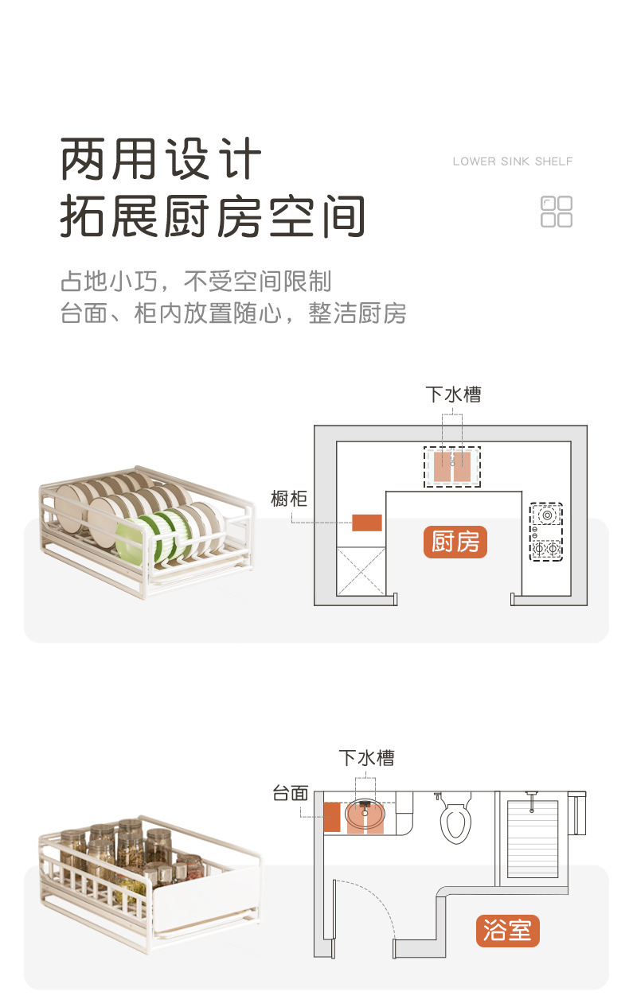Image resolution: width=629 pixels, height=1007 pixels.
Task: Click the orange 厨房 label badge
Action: click(455, 542)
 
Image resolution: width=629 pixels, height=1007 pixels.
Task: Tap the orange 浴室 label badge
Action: click(507, 930)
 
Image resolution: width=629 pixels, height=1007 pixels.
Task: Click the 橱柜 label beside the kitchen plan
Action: click(288, 499)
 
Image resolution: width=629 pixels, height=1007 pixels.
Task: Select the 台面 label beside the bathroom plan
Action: click(290, 793)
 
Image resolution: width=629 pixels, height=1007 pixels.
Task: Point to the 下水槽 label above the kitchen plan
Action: click(453, 394)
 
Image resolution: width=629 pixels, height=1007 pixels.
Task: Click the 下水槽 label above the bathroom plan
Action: click(366, 757)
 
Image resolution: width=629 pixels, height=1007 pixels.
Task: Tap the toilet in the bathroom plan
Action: click(455, 819)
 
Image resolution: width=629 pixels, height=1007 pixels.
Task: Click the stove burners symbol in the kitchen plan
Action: click(547, 531)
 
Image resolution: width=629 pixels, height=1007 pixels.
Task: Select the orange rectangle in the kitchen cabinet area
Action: click(367, 523)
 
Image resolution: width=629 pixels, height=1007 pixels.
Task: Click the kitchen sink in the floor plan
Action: click(451, 465)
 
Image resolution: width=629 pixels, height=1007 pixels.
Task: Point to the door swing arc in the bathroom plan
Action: click(374, 907)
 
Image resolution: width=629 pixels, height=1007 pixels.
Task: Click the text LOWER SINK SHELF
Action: click(512, 161)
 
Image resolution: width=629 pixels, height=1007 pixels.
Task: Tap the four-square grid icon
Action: click(557, 212)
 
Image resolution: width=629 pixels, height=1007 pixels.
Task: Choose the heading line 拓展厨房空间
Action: click(213, 216)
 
